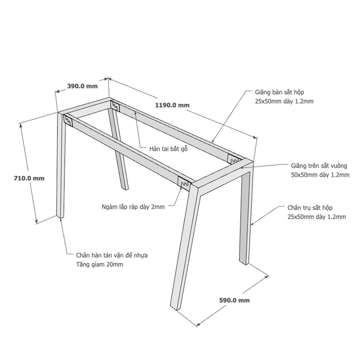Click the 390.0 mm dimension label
click(x=82, y=86)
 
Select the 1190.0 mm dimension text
click(x=172, y=105)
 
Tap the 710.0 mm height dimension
click(x=29, y=178)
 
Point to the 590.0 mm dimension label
click(x=234, y=300)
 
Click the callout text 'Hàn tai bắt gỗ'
click(x=168, y=149)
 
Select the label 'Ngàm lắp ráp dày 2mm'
click(x=133, y=207)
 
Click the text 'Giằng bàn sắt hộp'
click(x=279, y=92)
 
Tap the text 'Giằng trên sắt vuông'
click(x=319, y=166)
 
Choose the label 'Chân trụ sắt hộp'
click(x=310, y=208)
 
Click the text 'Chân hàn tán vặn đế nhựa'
click(x=112, y=255)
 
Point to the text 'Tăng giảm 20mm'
click(x=100, y=265)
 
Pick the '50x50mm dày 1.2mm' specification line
click(x=320, y=175)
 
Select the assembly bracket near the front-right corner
click(x=184, y=183)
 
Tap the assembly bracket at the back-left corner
click(x=115, y=105)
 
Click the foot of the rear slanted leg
click(x=125, y=188)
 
